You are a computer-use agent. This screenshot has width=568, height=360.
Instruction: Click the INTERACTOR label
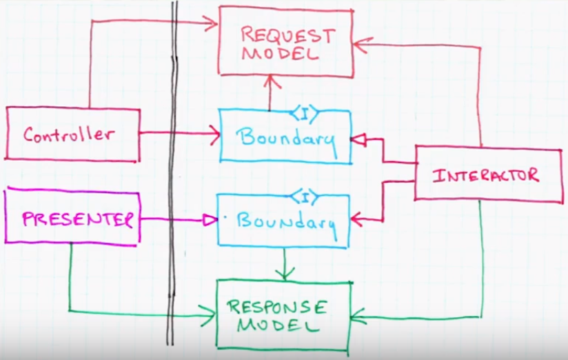(x=485, y=175)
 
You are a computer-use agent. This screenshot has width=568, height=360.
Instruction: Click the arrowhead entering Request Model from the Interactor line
(x=358, y=44)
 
